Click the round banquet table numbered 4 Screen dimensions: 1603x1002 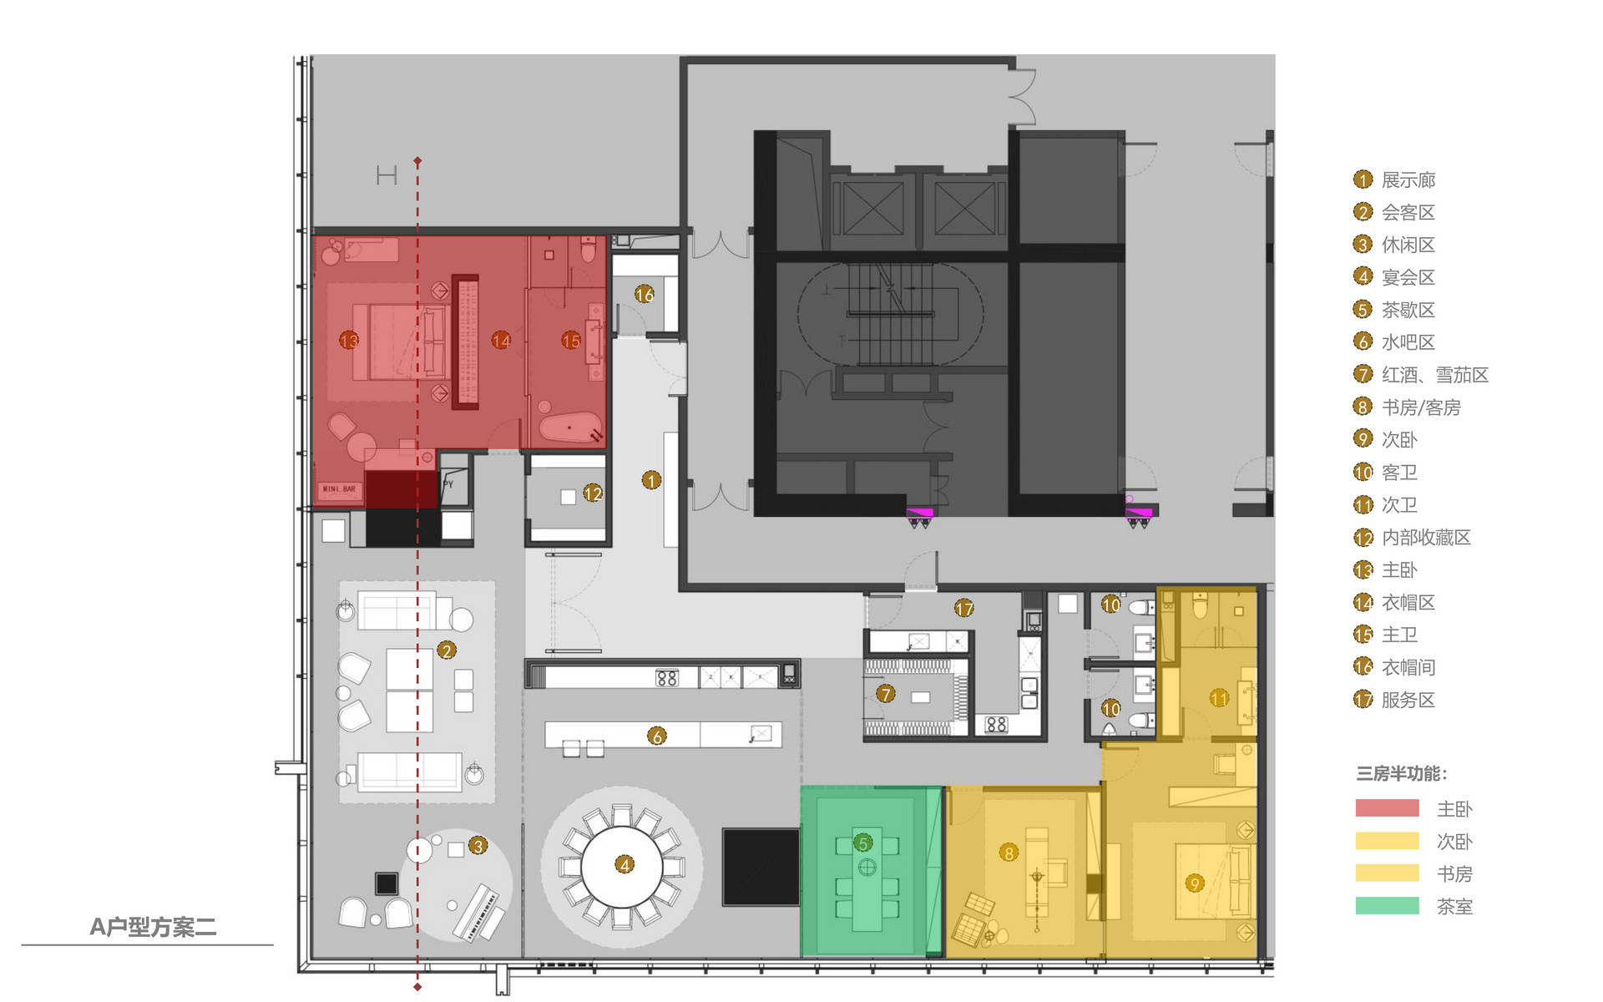point(622,866)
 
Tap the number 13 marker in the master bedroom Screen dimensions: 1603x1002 point(349,341)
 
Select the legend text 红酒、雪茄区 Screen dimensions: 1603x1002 point(1434,375)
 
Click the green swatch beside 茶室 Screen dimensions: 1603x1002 point(1387,906)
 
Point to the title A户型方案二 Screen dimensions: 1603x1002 point(153,927)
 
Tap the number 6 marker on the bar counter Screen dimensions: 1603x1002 point(657,736)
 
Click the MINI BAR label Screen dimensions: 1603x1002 point(339,489)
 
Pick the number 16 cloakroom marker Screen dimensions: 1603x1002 point(644,294)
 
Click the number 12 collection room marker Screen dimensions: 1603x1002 point(593,493)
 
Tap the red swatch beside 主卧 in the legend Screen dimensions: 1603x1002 point(1387,808)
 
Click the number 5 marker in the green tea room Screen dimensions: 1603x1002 point(863,843)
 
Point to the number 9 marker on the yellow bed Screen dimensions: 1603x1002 point(1195,883)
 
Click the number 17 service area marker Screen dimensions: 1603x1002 point(964,609)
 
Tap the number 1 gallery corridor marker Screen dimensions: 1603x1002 point(651,480)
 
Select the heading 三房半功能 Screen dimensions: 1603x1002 point(1402,774)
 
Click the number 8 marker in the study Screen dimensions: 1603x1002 point(1009,853)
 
